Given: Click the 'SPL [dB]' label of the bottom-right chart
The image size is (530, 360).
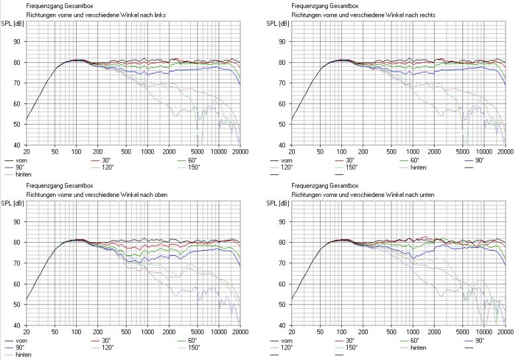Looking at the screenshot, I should click(x=278, y=204).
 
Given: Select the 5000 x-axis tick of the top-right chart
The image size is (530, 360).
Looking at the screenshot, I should click(x=462, y=152).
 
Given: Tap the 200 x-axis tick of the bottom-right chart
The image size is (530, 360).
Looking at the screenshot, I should click(x=364, y=332).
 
